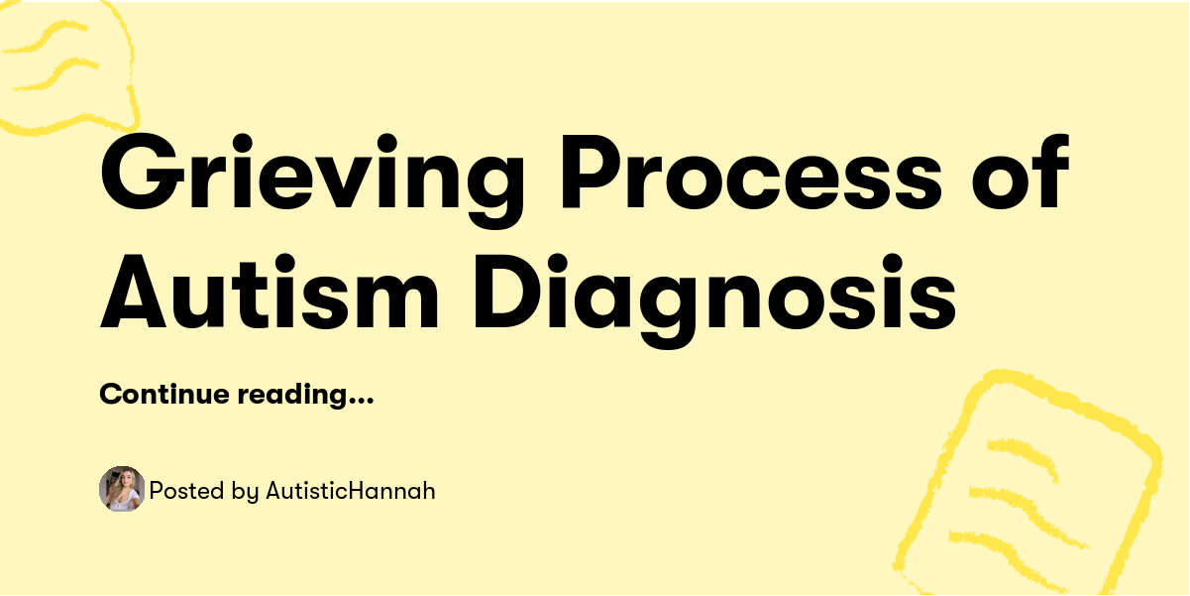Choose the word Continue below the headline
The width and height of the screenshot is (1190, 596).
pos(162,395)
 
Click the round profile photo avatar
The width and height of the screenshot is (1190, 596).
pos(122,489)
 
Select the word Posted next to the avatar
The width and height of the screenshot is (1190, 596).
pos(179,490)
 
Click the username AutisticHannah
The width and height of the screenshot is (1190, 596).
pos(350,490)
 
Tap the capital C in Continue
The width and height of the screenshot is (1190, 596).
pos(109,395)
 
